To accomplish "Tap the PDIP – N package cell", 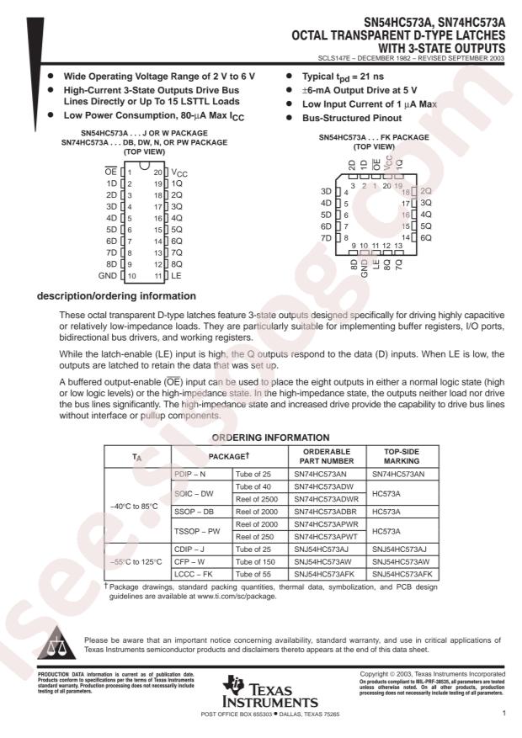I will (x=192, y=474).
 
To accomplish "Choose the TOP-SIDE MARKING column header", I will (x=396, y=455).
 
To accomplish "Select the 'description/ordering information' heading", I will (x=115, y=295).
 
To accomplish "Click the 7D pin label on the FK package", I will (x=326, y=238).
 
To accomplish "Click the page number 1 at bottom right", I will (x=503, y=714).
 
